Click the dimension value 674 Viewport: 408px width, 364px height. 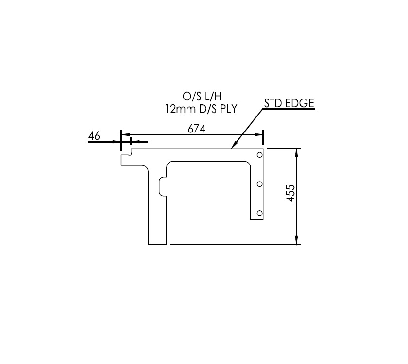(x=197, y=129)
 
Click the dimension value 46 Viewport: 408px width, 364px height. (x=94, y=136)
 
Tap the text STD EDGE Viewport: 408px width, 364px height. (x=289, y=104)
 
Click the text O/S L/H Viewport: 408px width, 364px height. (x=200, y=97)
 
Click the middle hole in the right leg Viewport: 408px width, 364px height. (x=260, y=184)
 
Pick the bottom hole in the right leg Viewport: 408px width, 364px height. (x=259, y=213)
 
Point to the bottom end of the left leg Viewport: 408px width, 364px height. (x=157, y=244)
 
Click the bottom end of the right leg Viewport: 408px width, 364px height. (x=257, y=219)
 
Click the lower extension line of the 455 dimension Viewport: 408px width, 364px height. (x=233, y=244)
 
